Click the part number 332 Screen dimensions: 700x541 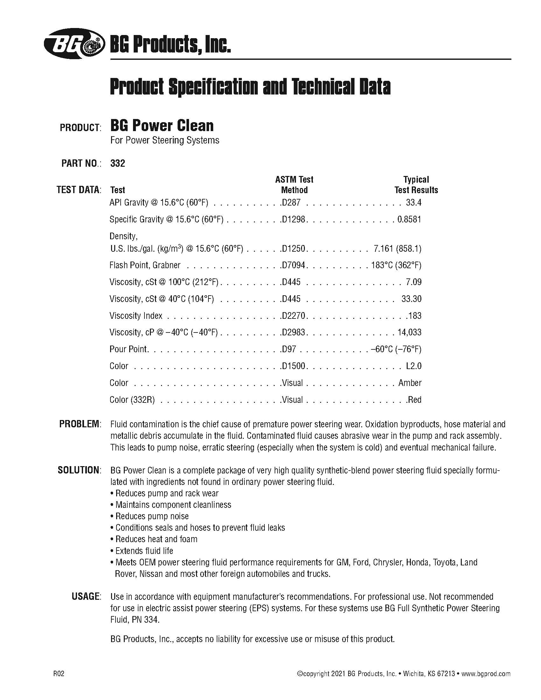[x=118, y=164]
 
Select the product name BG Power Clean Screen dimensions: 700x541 [x=162, y=125]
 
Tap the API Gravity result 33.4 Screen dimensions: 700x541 [x=413, y=203]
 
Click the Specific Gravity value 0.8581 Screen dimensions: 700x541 [x=409, y=220]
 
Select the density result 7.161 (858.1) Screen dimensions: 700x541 [x=397, y=249]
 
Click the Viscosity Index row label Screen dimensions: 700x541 [x=136, y=316]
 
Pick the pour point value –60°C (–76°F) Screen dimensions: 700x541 [x=396, y=349]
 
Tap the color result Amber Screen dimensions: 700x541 [x=410, y=383]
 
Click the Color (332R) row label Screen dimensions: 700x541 [x=132, y=400]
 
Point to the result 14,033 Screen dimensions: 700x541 [x=409, y=332]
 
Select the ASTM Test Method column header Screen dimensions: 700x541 [x=294, y=185]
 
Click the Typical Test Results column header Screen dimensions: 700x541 [x=416, y=185]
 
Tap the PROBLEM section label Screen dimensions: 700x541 [x=80, y=424]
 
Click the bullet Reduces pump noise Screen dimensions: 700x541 [x=152, y=516]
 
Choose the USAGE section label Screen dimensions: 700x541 [x=86, y=597]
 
